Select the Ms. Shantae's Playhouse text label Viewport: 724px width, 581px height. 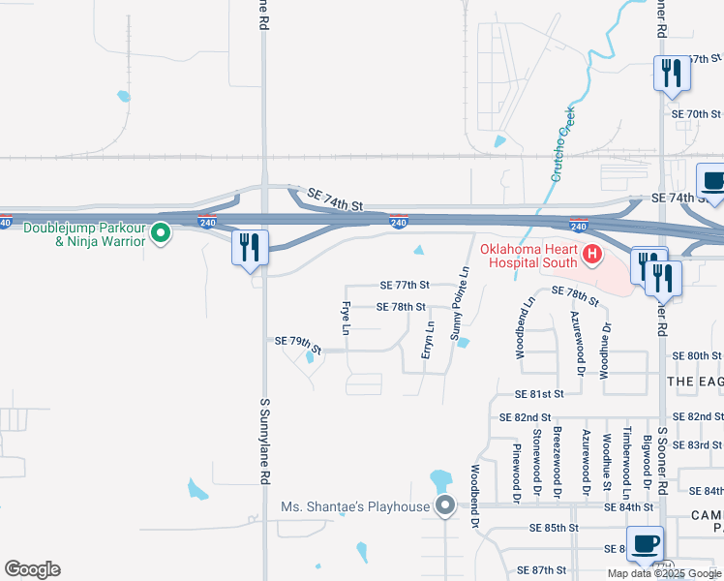(x=354, y=506)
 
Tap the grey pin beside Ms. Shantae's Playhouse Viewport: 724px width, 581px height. (x=445, y=505)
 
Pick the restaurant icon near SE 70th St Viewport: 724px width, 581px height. (x=670, y=73)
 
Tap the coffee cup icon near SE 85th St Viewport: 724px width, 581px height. (x=646, y=543)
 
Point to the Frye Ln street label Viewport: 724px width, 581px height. (x=345, y=318)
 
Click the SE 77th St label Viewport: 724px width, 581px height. (x=405, y=286)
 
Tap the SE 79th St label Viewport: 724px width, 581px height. (x=297, y=341)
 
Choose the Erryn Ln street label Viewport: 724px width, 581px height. (x=427, y=340)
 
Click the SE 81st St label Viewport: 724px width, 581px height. (x=539, y=394)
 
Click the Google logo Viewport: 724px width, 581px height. (x=32, y=569)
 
